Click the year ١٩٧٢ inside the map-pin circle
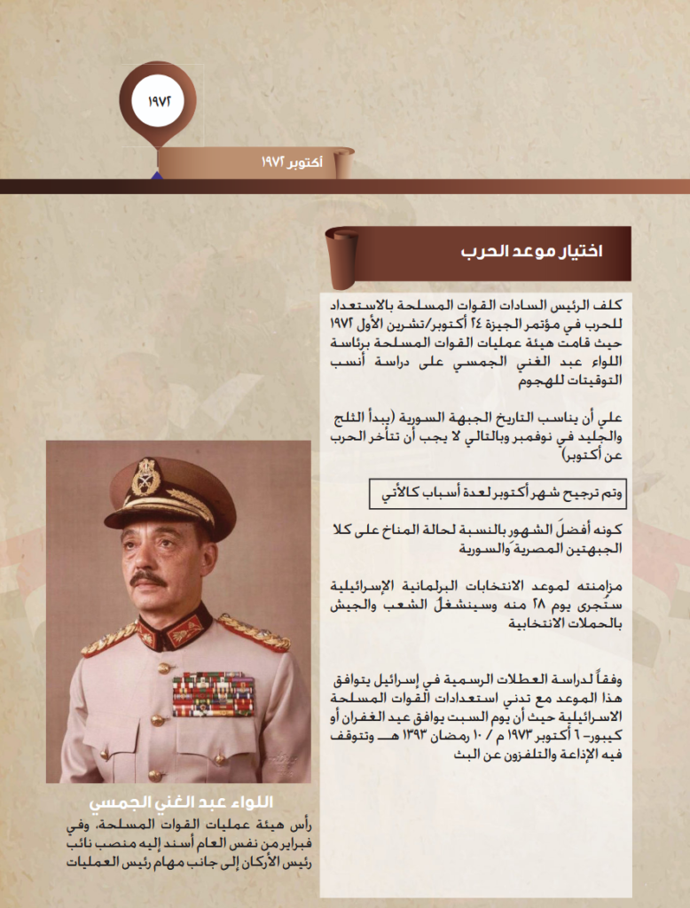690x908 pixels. (157, 98)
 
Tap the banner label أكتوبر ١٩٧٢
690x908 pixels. (292, 164)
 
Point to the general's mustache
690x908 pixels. (148, 578)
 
